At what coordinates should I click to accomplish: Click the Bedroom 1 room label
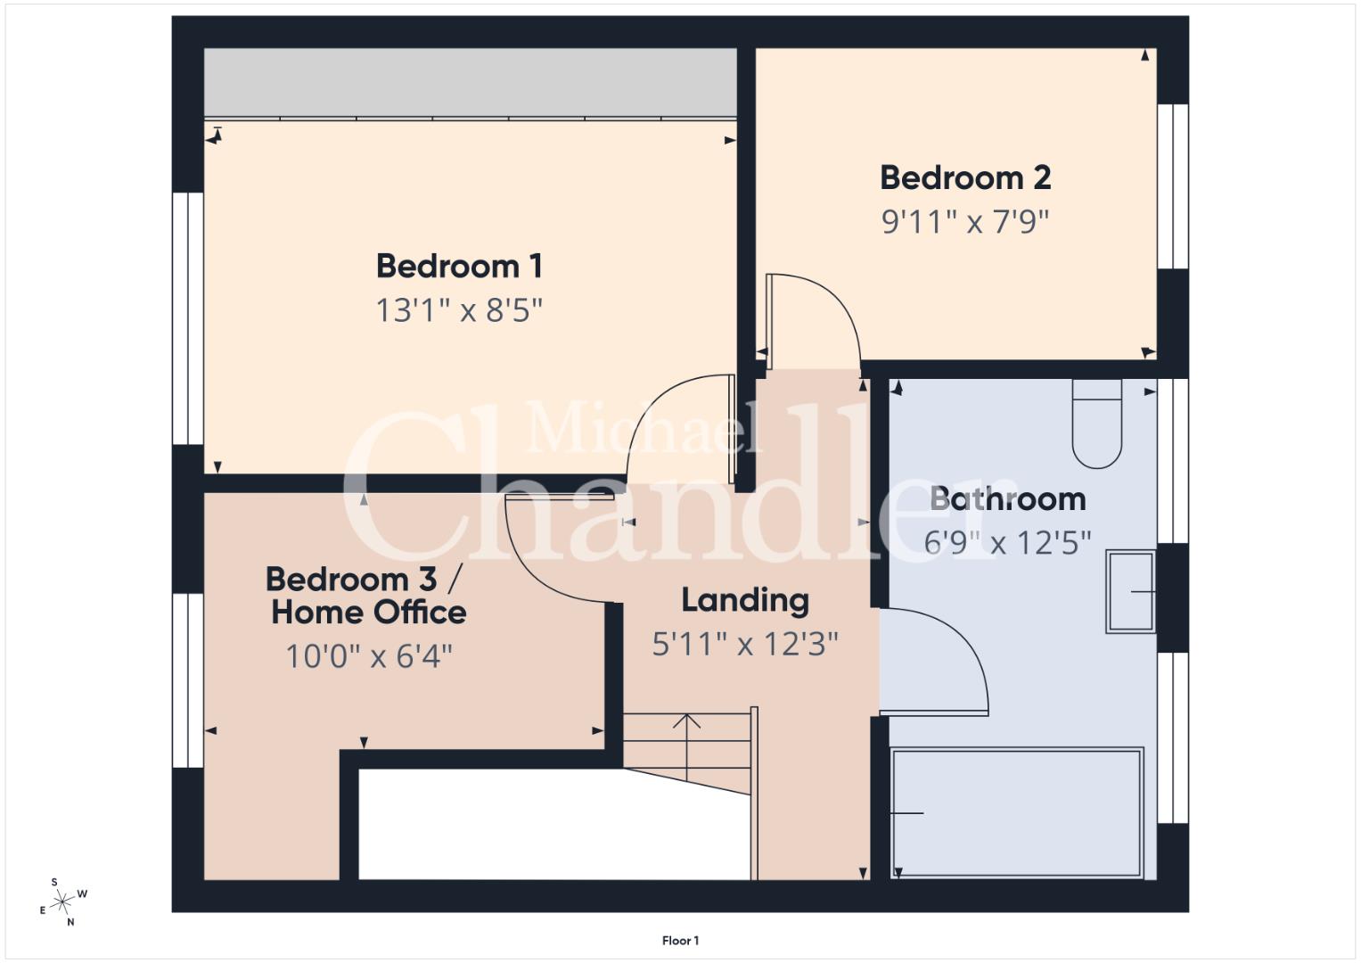(x=459, y=267)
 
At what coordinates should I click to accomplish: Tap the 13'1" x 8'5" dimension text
(x=459, y=310)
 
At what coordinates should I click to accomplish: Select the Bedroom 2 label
(x=965, y=177)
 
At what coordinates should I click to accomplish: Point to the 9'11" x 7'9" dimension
(x=965, y=221)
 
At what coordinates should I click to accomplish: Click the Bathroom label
(x=1008, y=499)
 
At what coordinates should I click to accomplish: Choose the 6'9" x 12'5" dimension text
(x=1008, y=543)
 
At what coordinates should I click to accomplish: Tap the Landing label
(x=745, y=601)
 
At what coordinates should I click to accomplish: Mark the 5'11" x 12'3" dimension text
(x=745, y=644)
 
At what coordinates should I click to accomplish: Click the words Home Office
(x=369, y=613)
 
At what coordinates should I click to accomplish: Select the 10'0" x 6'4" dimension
(x=369, y=656)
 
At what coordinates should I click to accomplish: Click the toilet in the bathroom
(x=1096, y=424)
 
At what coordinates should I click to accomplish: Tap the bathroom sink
(x=1130, y=591)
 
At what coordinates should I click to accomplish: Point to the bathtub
(x=1017, y=813)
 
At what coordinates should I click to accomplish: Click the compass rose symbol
(x=62, y=901)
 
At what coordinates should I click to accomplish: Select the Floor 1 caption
(x=681, y=941)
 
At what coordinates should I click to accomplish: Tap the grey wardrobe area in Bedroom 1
(x=471, y=82)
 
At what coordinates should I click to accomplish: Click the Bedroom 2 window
(x=1173, y=186)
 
